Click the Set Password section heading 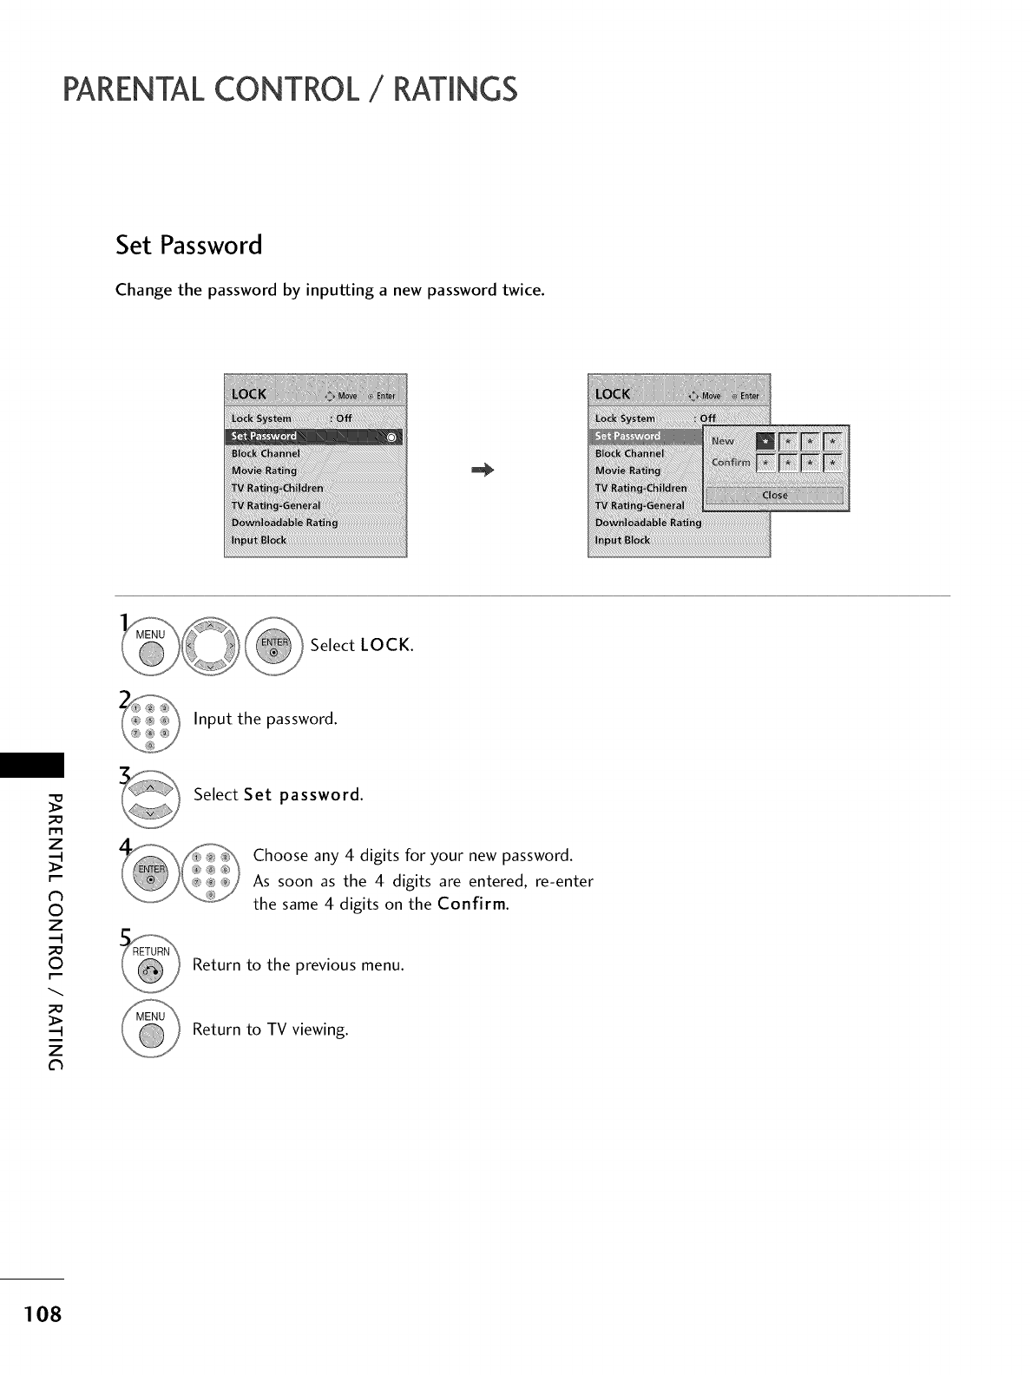(x=189, y=246)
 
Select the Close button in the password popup (x=775, y=496)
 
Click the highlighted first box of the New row (x=765, y=442)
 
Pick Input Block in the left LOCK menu (x=259, y=540)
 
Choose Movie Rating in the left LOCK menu (x=265, y=470)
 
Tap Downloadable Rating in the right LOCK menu (x=648, y=523)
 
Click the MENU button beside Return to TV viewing (x=151, y=1030)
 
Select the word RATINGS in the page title (x=455, y=89)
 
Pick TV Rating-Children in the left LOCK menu (x=278, y=488)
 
